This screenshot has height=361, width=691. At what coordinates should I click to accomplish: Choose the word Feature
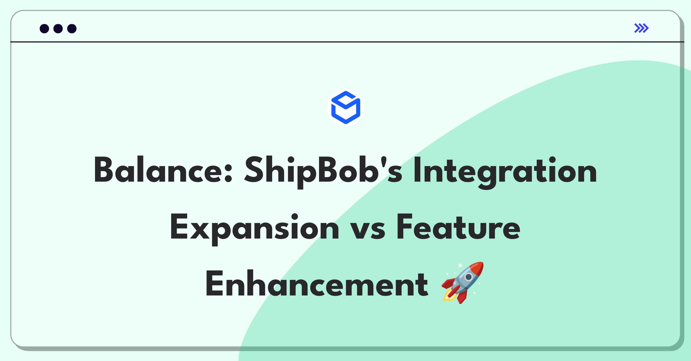(459, 227)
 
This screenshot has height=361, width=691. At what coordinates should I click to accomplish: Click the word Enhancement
(316, 283)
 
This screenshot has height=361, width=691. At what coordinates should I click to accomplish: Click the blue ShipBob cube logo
(345, 107)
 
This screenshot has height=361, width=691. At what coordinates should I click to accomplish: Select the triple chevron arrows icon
(641, 28)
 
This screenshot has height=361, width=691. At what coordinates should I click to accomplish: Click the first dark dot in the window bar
(44, 28)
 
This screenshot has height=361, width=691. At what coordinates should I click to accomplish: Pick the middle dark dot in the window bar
(58, 28)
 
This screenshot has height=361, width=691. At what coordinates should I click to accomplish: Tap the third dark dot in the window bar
(72, 28)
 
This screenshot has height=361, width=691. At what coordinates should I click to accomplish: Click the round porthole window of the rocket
(468, 277)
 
